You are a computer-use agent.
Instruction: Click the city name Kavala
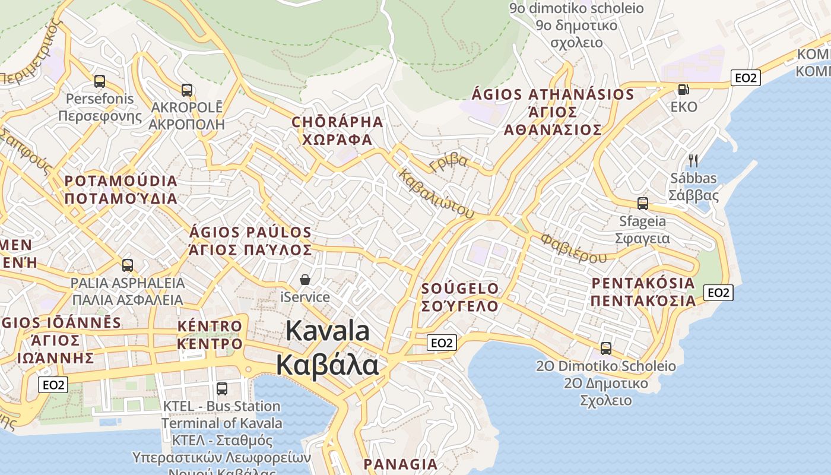(x=328, y=331)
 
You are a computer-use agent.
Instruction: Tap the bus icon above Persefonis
(x=100, y=81)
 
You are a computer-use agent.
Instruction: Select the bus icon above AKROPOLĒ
(x=187, y=90)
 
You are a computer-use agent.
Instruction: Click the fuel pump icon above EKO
(x=684, y=90)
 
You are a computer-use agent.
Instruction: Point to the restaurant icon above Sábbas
(x=693, y=160)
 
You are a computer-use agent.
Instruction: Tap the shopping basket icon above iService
(x=305, y=279)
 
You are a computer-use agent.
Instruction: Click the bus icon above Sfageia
(x=642, y=204)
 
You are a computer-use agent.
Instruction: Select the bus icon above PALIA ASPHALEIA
(x=127, y=265)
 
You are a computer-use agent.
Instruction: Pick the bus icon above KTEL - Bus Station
(x=222, y=389)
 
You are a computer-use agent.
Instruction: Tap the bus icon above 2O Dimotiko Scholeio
(x=606, y=348)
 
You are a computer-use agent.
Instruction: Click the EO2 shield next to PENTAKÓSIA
(x=718, y=292)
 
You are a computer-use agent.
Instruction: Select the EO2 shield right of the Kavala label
(x=442, y=343)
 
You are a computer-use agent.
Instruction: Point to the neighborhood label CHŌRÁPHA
(x=337, y=122)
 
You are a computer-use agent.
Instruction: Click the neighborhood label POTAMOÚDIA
(x=121, y=181)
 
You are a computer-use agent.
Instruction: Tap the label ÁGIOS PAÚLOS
(x=250, y=232)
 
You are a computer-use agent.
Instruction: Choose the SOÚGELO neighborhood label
(x=460, y=289)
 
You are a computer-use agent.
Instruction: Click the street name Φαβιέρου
(x=573, y=248)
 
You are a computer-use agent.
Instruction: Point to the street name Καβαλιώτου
(x=436, y=194)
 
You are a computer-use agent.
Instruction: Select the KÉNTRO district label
(x=210, y=326)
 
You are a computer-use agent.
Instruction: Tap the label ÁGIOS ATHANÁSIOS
(x=553, y=95)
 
